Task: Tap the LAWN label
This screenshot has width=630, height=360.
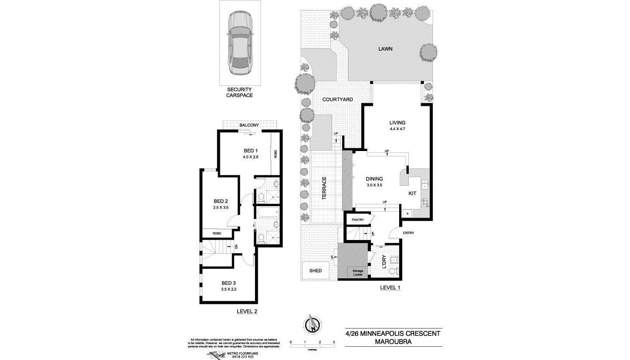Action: pos(385,49)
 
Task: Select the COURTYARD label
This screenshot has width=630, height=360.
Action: pos(338,99)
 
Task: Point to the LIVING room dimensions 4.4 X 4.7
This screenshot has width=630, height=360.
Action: pos(397,129)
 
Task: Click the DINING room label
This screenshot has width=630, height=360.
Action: pos(374,179)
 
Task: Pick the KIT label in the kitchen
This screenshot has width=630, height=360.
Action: pos(412,193)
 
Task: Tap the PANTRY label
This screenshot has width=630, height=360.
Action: pos(358,220)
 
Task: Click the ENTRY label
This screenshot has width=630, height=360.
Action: pos(408,233)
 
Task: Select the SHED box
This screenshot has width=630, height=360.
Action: pos(316,271)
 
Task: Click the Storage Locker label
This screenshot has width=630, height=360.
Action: pos(358,273)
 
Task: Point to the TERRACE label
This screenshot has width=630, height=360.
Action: pos(324,188)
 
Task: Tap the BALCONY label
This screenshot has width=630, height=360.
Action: pos(249,125)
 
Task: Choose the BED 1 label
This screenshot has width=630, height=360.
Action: pos(251,151)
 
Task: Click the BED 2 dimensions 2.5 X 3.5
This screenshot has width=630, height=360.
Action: pos(220,208)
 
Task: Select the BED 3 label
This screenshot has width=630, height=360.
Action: pos(229,283)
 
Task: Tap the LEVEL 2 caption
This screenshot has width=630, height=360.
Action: pos(247,311)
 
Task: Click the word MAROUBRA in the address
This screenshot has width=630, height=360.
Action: pos(393,341)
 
